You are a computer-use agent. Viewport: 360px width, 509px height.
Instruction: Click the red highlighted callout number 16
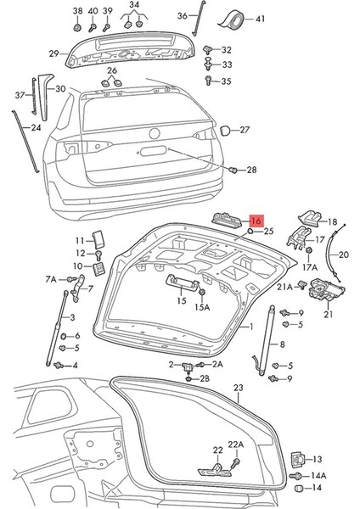tap(257, 219)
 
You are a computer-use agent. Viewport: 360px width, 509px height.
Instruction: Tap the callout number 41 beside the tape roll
tap(260, 19)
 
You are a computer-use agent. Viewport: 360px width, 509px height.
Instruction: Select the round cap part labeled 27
tap(226, 131)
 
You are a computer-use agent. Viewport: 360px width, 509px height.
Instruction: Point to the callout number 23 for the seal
tap(239, 388)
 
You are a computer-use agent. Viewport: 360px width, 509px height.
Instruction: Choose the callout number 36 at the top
tap(182, 15)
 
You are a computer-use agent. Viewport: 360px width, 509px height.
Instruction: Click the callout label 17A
tap(310, 266)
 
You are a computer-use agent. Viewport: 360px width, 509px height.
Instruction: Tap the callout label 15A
tap(202, 308)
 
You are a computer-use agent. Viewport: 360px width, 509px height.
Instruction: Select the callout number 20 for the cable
tap(343, 254)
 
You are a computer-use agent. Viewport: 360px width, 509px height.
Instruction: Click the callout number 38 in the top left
tap(77, 10)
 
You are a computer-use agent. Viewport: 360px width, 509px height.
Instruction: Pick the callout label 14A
tap(318, 475)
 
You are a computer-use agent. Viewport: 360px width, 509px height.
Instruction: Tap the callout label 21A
tap(284, 287)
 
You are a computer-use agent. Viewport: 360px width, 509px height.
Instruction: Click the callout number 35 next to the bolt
tap(226, 81)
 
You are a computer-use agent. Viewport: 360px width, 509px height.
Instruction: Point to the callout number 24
tap(35, 127)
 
